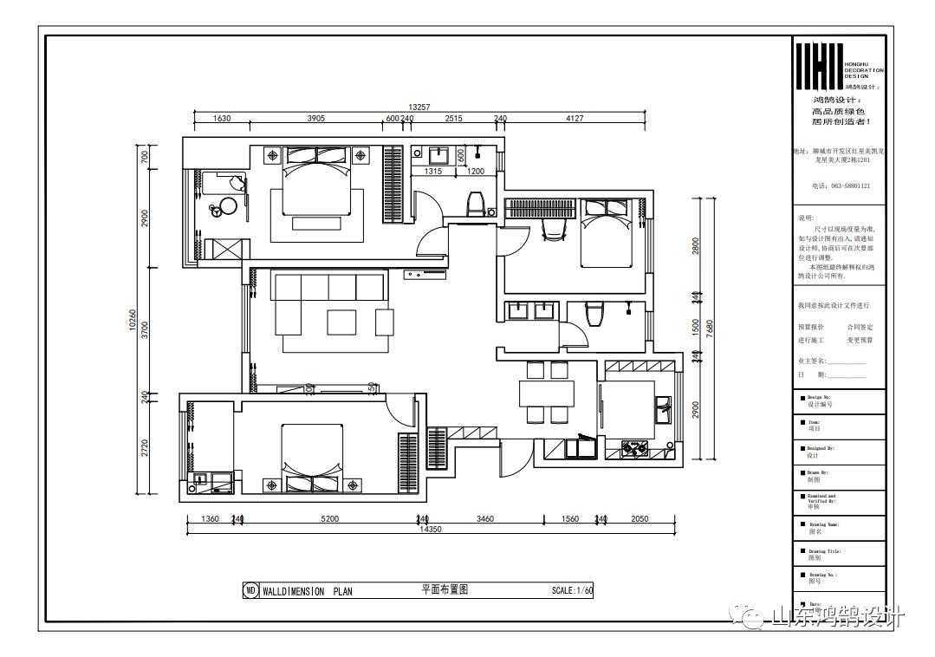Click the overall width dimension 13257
coord(419,107)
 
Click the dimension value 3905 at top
coord(316,119)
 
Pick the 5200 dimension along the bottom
coord(329,518)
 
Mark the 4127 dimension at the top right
coord(575,119)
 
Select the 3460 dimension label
coord(484,518)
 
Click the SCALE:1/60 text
coord(572,591)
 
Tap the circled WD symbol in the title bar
coord(250,591)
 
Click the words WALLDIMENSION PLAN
coord(307,591)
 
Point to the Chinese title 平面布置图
coord(445,589)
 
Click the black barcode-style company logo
coord(819,66)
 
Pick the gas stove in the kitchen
coord(635,448)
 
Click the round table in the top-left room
coord(227,206)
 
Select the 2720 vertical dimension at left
coord(146,447)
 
